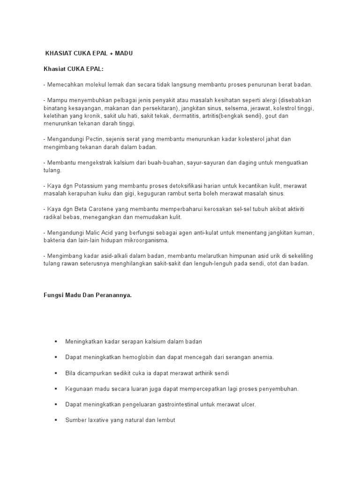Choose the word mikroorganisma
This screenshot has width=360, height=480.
click(142, 240)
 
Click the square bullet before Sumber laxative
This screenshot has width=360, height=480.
click(56, 420)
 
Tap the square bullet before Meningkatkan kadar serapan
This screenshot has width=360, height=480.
click(56, 342)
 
